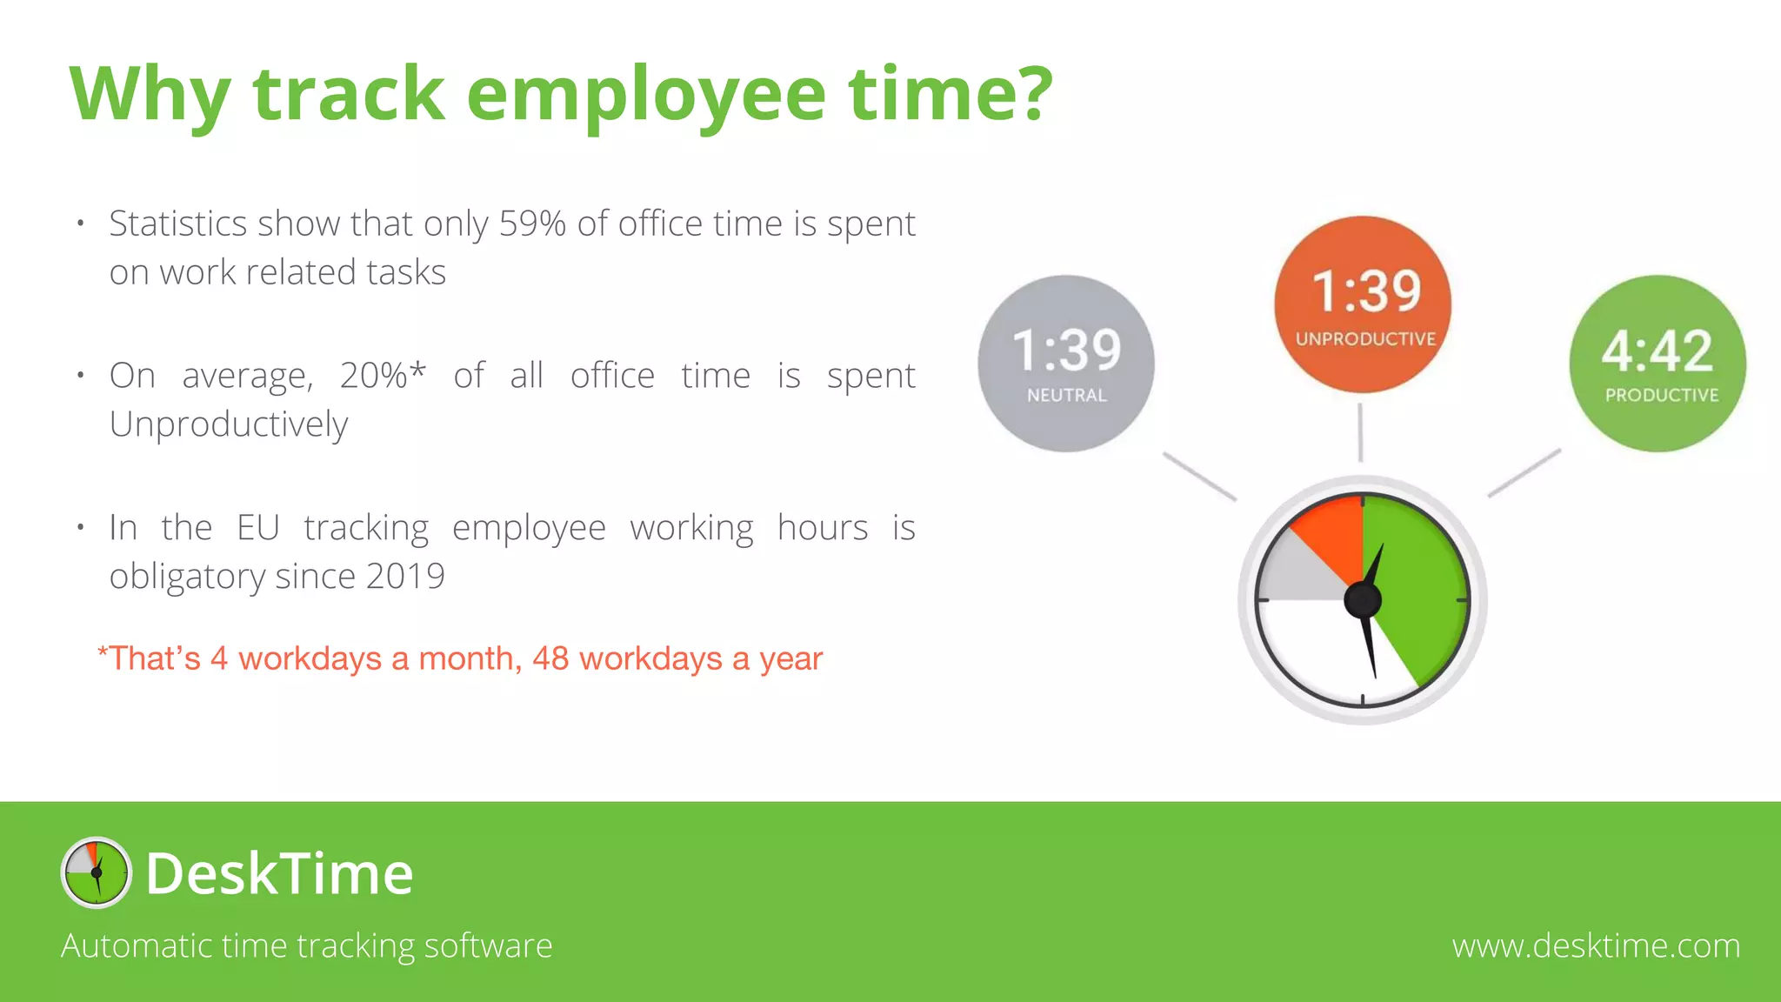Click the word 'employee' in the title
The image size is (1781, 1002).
pyautogui.click(x=645, y=96)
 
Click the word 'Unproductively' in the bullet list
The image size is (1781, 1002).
pyautogui.click(x=228, y=424)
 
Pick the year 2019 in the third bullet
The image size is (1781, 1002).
pyautogui.click(x=405, y=576)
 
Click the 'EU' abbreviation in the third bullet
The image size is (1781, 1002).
pyautogui.click(x=257, y=528)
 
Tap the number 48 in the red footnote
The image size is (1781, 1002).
pyautogui.click(x=550, y=658)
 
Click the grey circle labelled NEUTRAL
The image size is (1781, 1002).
pyautogui.click(x=1066, y=364)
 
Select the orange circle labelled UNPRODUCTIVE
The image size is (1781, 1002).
pyautogui.click(x=1362, y=304)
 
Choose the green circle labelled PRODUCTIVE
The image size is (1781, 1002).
pyautogui.click(x=1658, y=364)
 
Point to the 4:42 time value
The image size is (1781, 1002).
pyautogui.click(x=1658, y=351)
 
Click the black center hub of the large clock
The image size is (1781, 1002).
pyautogui.click(x=1363, y=600)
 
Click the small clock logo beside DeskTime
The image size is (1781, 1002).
pyautogui.click(x=97, y=872)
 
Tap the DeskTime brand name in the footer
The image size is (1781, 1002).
pyautogui.click(x=279, y=873)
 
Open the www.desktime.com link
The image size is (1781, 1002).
pyautogui.click(x=1596, y=945)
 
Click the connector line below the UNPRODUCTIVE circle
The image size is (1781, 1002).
pyautogui.click(x=1361, y=432)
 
